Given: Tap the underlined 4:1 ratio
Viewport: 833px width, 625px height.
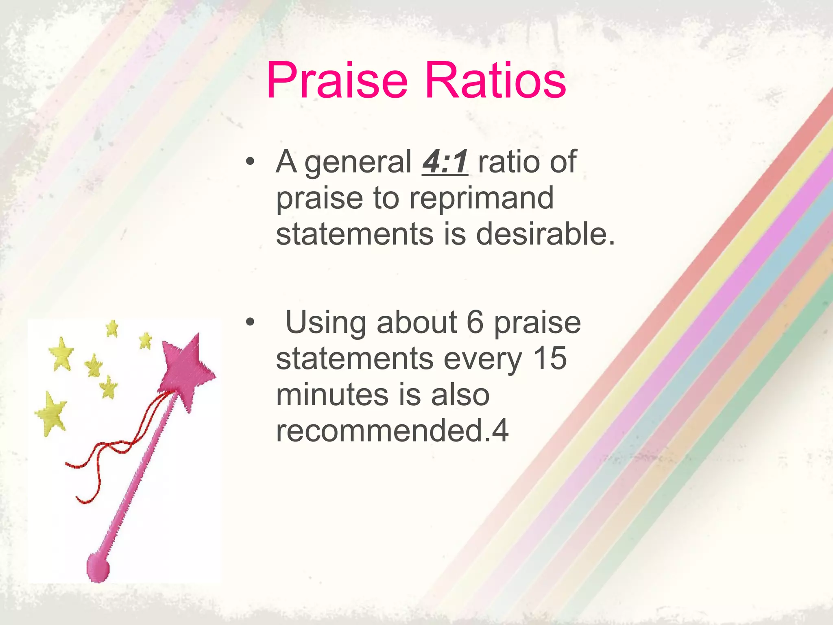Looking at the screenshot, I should [445, 162].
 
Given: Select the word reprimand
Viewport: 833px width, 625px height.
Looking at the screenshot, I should [481, 198].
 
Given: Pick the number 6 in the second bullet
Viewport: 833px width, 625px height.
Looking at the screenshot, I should [475, 322].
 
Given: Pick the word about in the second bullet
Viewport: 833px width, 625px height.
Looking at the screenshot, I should [416, 322].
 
